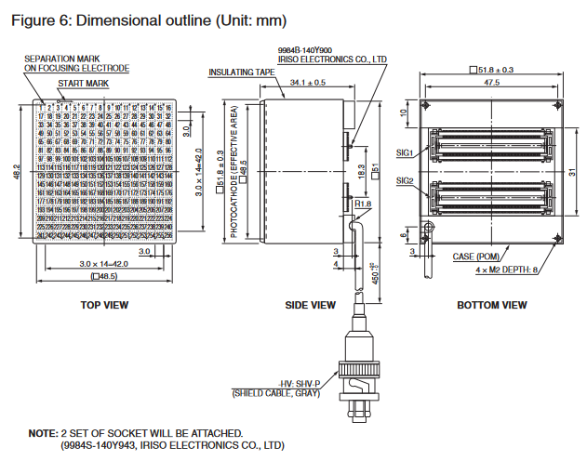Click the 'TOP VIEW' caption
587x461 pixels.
(x=104, y=305)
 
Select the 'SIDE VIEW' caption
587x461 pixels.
(x=310, y=305)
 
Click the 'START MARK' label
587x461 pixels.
(x=84, y=83)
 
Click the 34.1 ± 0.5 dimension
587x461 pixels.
(x=307, y=83)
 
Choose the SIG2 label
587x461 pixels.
(x=405, y=179)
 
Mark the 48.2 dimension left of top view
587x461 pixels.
(x=14, y=173)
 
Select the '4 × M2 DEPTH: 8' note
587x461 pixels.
(x=507, y=269)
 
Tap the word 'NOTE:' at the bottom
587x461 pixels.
(x=43, y=433)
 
